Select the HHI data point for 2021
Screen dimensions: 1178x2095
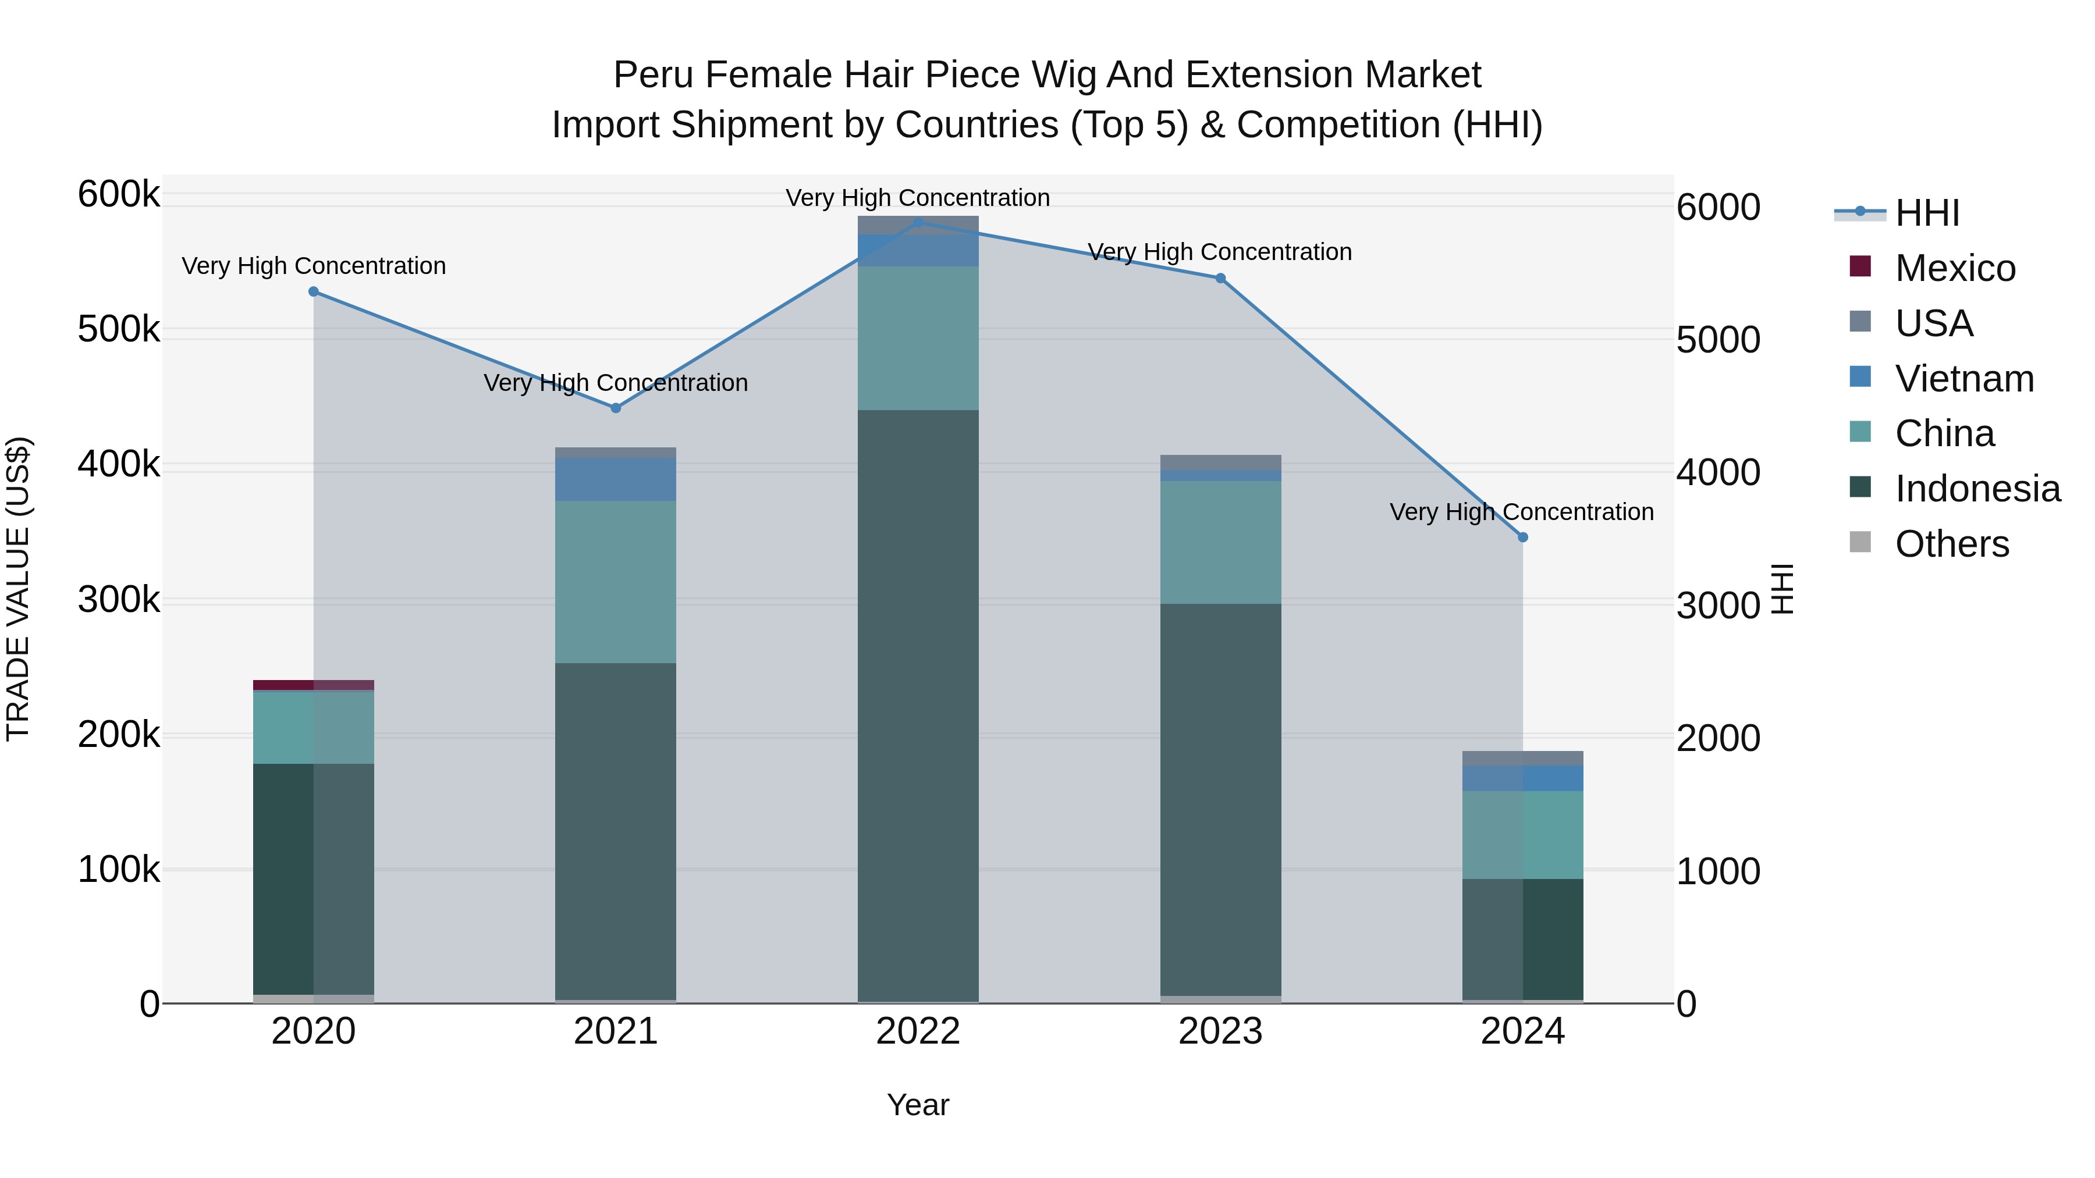click(x=616, y=408)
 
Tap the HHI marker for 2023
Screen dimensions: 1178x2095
click(x=1220, y=279)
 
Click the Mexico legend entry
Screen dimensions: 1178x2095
click(x=1954, y=268)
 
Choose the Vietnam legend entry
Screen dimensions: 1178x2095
click(x=1964, y=379)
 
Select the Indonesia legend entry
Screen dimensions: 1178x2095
click(x=1977, y=489)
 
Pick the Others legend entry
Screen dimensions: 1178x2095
click(x=1951, y=544)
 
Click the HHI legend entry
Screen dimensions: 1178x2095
click(x=1927, y=213)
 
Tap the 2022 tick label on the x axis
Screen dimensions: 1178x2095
click(x=918, y=1031)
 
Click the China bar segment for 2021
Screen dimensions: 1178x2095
click(x=616, y=582)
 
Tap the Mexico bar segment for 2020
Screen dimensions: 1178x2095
click(x=314, y=685)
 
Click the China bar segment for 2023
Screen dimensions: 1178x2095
click(x=1220, y=542)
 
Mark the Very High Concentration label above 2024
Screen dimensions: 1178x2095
click(x=1522, y=512)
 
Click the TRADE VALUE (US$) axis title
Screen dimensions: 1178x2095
click(x=18, y=589)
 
